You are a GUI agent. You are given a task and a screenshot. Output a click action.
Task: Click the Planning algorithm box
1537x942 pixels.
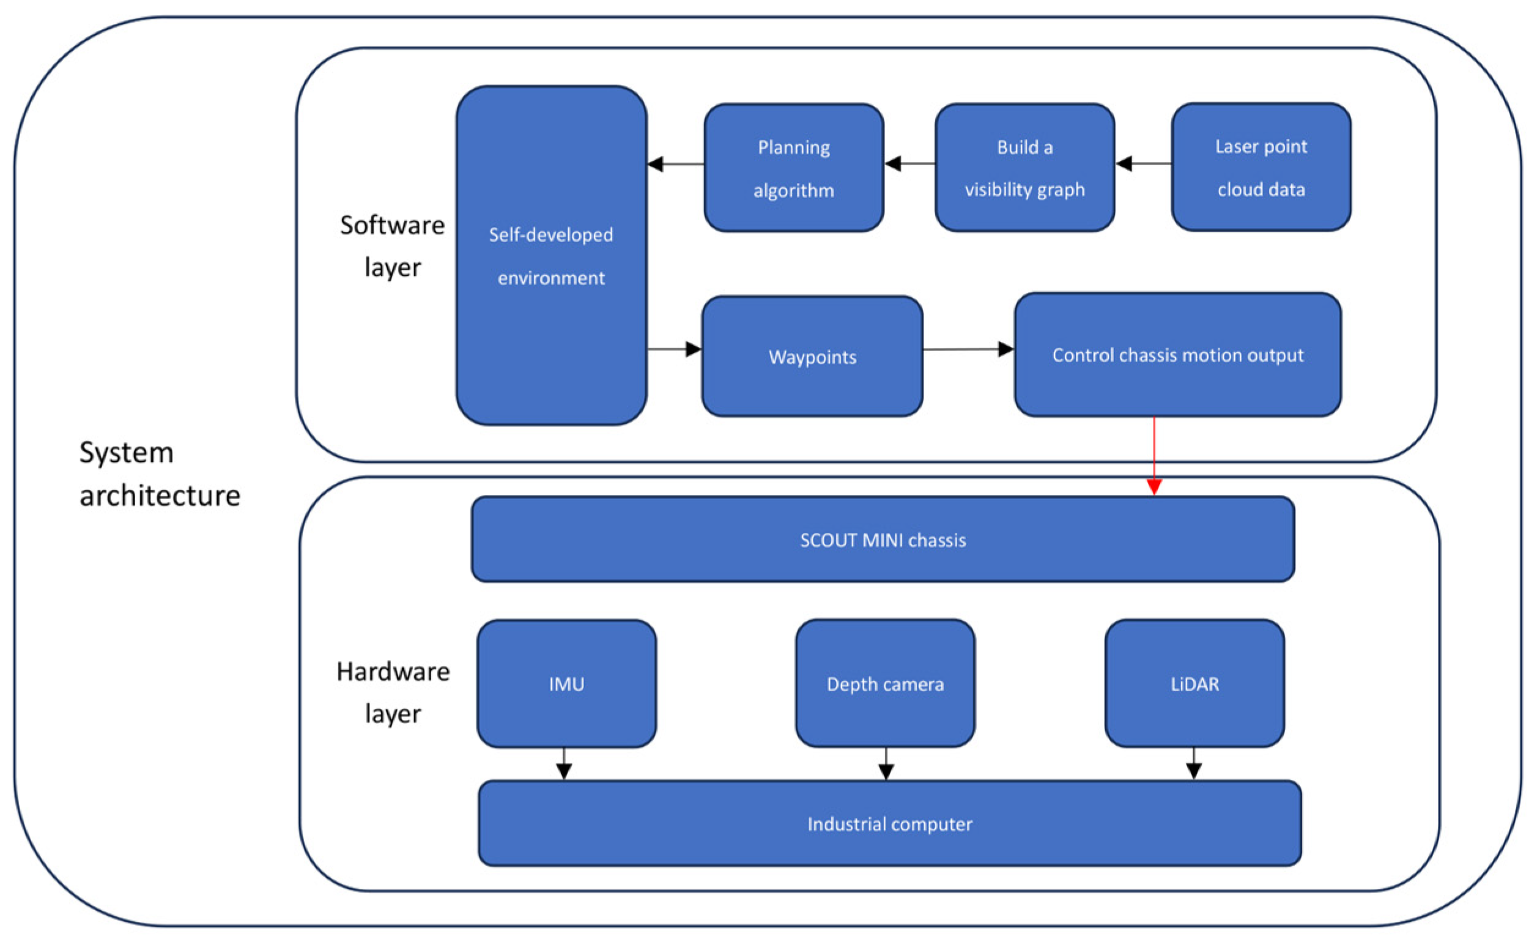tap(793, 168)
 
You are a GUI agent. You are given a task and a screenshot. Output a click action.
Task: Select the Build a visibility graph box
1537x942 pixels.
tap(1024, 168)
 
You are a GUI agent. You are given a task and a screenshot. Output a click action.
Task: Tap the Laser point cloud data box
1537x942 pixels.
tap(1261, 167)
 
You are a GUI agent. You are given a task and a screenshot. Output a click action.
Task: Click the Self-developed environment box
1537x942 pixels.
tap(551, 256)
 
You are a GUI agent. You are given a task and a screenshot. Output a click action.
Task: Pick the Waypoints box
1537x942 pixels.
tap(812, 356)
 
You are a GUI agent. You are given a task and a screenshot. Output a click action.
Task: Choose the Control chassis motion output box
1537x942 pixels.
tap(1177, 354)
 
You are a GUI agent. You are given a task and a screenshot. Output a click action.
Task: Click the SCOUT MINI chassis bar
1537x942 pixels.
tap(882, 539)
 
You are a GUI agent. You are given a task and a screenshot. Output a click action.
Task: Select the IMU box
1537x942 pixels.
tap(566, 684)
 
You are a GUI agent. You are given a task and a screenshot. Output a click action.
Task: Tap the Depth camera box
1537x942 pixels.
tap(884, 684)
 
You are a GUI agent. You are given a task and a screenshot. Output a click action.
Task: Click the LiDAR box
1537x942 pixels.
tap(1194, 684)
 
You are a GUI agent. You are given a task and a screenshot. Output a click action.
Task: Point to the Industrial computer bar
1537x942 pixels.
tap(889, 823)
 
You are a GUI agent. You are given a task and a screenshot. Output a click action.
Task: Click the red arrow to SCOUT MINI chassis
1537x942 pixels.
tap(1154, 456)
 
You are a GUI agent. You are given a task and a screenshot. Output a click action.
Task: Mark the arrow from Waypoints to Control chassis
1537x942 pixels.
tap(968, 349)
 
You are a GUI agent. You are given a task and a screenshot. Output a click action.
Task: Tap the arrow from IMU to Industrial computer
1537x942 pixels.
tap(564, 764)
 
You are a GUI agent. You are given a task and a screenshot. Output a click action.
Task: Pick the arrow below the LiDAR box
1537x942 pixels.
tap(1193, 763)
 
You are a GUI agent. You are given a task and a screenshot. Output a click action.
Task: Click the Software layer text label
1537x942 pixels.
tap(393, 247)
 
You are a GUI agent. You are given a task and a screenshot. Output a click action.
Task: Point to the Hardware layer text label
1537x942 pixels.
tap(393, 692)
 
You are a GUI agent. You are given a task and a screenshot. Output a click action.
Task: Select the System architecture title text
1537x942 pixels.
tap(160, 474)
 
